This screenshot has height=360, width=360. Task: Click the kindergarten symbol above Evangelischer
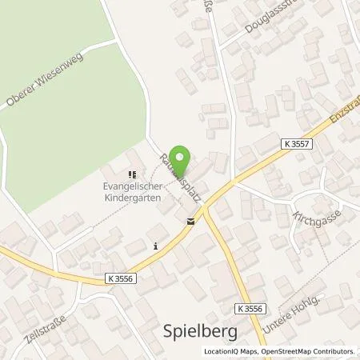click(x=131, y=174)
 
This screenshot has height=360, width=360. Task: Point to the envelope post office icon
click(x=190, y=222)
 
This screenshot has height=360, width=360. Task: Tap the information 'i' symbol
click(x=156, y=247)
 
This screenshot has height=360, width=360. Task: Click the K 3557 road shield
click(x=298, y=142)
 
